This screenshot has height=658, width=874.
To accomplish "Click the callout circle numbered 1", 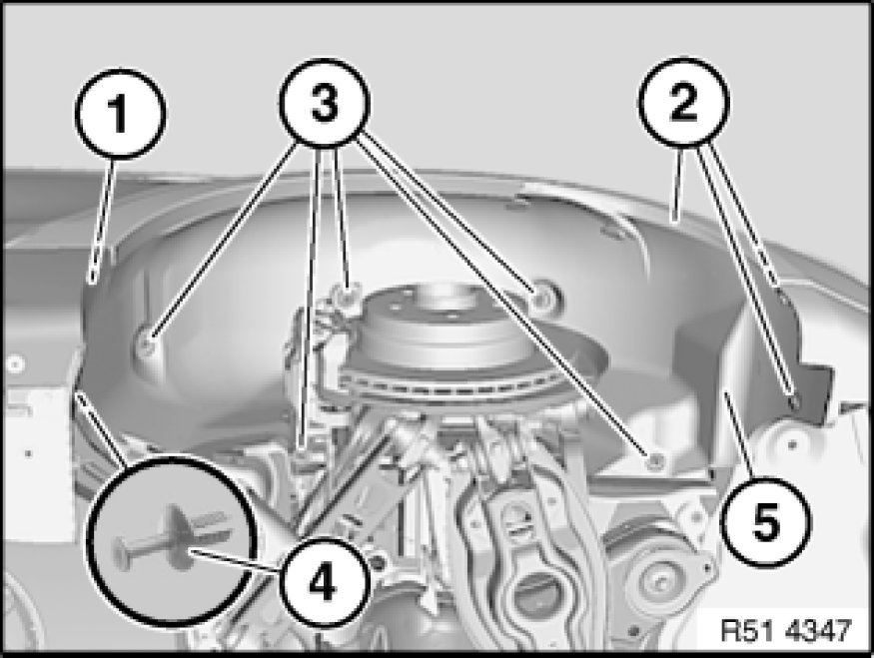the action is pyautogui.click(x=120, y=114).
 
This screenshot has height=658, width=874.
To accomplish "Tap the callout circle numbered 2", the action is pyautogui.click(x=684, y=103).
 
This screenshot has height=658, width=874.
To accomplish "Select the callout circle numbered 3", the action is pyautogui.click(x=325, y=104).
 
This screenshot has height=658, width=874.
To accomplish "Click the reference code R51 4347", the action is pyautogui.click(x=786, y=631).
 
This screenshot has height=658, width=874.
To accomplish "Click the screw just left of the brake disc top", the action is pyautogui.click(x=348, y=296).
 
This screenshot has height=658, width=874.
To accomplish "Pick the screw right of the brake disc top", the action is pyautogui.click(x=541, y=300).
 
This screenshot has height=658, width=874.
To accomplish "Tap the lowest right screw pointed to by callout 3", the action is pyautogui.click(x=653, y=459).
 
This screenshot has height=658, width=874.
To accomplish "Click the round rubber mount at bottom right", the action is pyautogui.click(x=657, y=579).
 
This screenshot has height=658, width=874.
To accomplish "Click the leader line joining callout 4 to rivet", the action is pyautogui.click(x=234, y=560).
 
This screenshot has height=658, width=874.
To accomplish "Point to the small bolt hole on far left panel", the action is pyautogui.click(x=15, y=364).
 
